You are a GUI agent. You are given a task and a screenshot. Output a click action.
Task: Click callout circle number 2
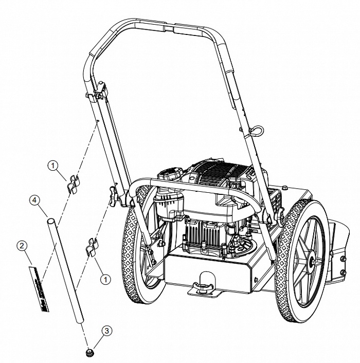[22, 246]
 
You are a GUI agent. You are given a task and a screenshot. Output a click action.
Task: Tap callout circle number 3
[107, 331]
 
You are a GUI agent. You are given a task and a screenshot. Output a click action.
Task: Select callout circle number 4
[34, 200]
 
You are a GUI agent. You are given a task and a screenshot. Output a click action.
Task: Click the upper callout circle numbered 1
[53, 166]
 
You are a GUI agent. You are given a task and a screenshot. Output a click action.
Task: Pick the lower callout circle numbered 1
[105, 280]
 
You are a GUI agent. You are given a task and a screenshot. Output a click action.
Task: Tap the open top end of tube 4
[51, 221]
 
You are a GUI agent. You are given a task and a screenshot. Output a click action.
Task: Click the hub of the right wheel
[311, 260]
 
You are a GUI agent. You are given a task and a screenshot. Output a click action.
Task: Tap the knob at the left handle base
[114, 197]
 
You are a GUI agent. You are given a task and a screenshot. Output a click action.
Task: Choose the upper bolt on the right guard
[344, 258]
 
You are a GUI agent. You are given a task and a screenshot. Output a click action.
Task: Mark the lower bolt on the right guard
[344, 272]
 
